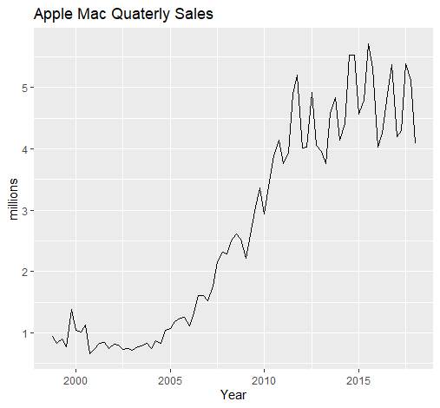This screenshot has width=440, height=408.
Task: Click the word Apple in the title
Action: [53, 14]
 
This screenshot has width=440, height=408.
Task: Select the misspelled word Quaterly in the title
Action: [141, 14]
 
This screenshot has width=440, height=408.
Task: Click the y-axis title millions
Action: [13, 199]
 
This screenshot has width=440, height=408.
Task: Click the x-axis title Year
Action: [233, 395]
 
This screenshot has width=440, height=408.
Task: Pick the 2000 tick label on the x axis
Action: [76, 381]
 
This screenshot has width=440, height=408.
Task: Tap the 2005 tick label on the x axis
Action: [170, 381]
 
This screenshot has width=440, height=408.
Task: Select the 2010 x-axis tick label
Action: [264, 381]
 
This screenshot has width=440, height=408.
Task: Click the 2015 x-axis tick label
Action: [358, 381]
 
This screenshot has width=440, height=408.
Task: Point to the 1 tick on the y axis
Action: [24, 333]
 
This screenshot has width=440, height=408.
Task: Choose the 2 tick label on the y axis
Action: [24, 272]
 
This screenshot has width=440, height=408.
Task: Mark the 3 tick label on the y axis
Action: [24, 210]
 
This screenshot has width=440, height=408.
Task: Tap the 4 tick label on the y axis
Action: [24, 149]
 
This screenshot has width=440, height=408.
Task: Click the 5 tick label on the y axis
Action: [24, 88]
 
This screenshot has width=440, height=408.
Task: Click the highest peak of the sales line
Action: [368, 44]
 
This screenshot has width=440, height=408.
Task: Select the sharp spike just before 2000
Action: [71, 310]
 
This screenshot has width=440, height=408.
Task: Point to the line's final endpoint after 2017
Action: [416, 142]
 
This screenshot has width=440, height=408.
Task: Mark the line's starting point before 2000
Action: [52, 336]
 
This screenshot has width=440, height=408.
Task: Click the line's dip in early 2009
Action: [246, 258]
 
